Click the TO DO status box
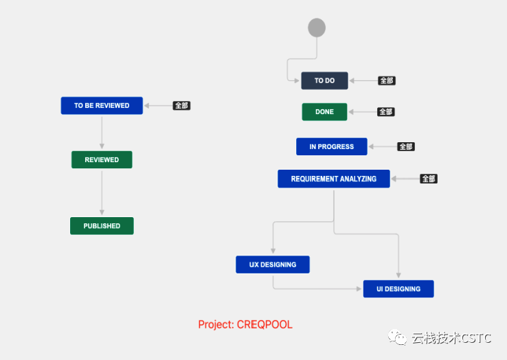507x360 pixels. tap(325, 80)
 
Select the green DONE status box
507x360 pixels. tap(324, 112)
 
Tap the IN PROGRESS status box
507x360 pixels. tap(331, 146)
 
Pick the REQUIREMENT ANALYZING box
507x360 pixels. tap(334, 179)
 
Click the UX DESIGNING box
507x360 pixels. tap(273, 265)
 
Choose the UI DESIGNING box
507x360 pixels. tap(398, 289)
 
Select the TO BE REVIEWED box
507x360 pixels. tap(102, 105)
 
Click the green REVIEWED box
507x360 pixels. tap(102, 160)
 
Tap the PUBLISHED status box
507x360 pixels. tap(102, 226)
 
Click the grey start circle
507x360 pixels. tap(317, 27)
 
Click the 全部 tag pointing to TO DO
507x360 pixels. tap(387, 80)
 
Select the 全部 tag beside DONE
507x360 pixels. tap(386, 112)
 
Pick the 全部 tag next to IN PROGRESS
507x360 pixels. tap(406, 146)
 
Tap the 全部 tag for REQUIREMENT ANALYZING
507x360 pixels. tap(429, 179)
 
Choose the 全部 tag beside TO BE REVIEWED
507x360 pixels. tap(181, 105)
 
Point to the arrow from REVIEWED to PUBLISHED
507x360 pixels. tap(102, 193)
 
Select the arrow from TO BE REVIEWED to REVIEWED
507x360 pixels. tap(102, 133)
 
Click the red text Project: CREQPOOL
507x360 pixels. tap(245, 324)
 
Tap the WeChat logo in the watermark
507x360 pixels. tap(397, 337)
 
